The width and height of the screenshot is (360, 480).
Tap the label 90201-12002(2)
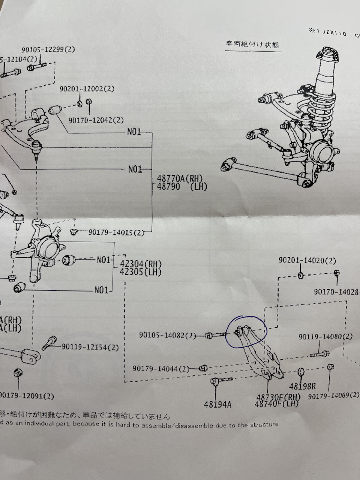[x=87, y=89]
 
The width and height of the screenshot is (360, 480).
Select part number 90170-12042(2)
[x=96, y=120]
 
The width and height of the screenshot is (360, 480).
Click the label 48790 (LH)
[x=180, y=186]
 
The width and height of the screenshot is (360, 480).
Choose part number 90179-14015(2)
[x=116, y=232]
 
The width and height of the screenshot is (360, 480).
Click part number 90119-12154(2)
[x=90, y=348]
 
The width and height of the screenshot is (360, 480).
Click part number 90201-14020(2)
[x=307, y=260]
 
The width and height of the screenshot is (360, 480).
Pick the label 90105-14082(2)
[x=167, y=335]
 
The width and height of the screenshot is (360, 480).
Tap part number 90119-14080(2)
[x=325, y=337]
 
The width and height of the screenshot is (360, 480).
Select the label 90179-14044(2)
[x=160, y=369]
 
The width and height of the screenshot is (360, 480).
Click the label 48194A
[x=217, y=405]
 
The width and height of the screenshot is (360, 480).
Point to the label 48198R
[x=302, y=386]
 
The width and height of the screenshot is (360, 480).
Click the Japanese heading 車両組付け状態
[x=252, y=44]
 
